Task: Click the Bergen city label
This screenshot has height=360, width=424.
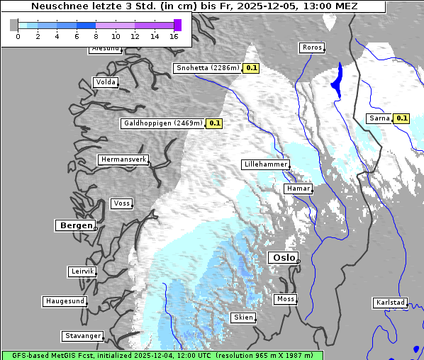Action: click(74, 225)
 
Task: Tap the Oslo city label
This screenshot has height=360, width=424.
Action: click(283, 258)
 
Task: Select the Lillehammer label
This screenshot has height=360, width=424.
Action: click(265, 164)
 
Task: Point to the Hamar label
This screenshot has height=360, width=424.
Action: click(297, 189)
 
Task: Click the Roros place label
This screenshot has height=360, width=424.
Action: click(311, 48)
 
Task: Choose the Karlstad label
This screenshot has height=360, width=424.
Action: click(390, 303)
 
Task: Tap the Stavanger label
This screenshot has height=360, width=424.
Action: click(82, 336)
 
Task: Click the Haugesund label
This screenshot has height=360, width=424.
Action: click(65, 302)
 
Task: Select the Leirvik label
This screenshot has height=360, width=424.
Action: click(82, 272)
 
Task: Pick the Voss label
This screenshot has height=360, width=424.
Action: click(121, 204)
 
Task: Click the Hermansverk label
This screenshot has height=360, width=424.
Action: click(123, 160)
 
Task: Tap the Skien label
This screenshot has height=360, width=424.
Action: click(242, 317)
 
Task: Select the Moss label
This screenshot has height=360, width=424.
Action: click(285, 300)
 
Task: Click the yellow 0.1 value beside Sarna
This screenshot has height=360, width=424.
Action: click(402, 118)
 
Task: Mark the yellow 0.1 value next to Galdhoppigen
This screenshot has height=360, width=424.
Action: click(215, 123)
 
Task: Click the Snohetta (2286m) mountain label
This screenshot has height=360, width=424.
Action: click(207, 69)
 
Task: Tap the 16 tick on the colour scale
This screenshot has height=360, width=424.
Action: click(174, 35)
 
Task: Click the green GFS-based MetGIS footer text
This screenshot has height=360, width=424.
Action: click(162, 355)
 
